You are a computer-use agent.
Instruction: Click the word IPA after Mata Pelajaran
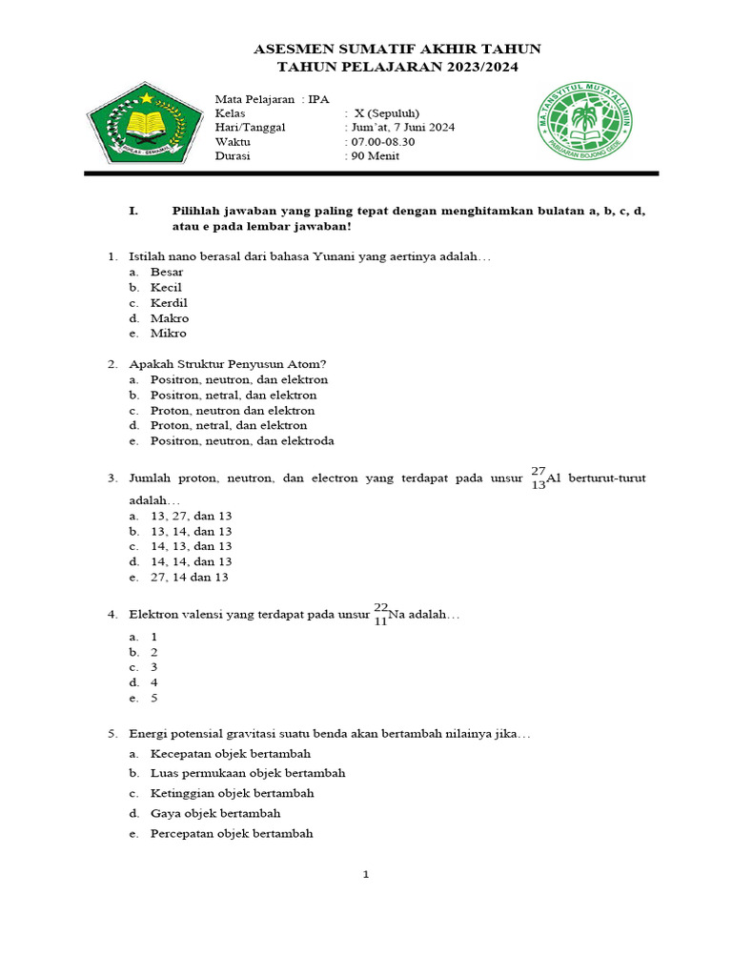click(318, 98)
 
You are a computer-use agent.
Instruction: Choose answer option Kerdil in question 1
click(169, 303)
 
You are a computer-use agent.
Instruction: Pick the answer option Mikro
click(168, 334)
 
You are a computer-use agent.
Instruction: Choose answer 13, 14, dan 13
click(191, 531)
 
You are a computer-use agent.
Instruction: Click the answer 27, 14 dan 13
click(189, 577)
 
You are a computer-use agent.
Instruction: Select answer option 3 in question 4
click(153, 667)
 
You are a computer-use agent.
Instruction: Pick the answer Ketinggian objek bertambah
click(232, 793)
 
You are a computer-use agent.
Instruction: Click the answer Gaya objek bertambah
click(215, 813)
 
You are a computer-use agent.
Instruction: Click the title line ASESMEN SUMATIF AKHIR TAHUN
click(397, 49)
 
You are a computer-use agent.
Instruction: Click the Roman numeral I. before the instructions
click(134, 211)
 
